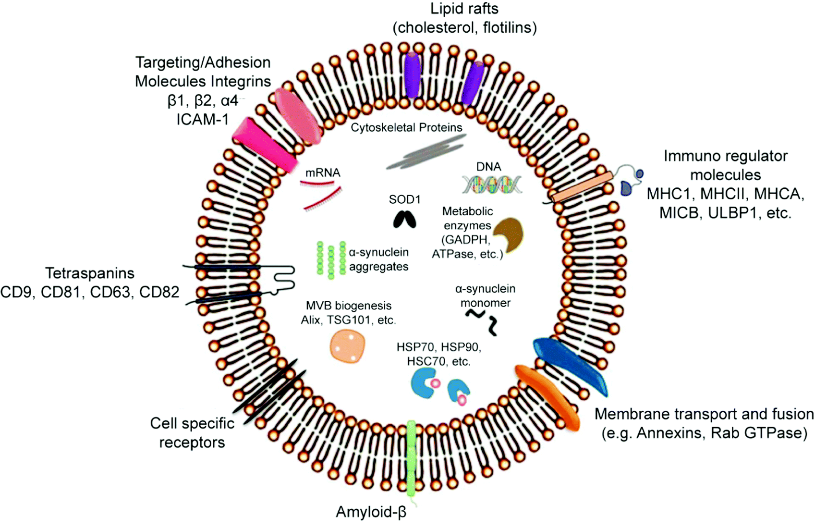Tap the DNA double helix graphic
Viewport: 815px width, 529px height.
click(491, 184)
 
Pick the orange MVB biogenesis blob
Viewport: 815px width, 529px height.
click(347, 345)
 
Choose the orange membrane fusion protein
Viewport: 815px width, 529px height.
click(547, 396)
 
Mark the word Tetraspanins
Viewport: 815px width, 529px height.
click(90, 273)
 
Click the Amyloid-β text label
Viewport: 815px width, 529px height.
click(371, 512)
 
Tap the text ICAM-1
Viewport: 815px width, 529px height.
click(203, 119)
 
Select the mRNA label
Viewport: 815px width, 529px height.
click(323, 172)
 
